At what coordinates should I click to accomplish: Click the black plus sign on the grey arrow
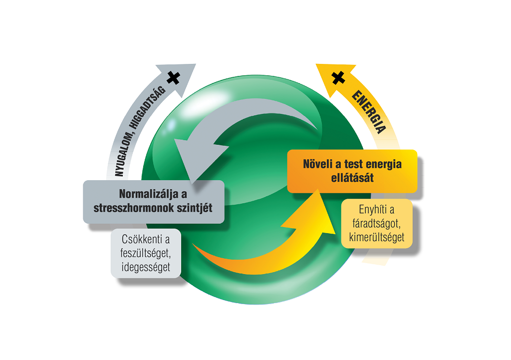(x=173, y=77)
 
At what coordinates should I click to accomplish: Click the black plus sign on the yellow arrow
(x=338, y=77)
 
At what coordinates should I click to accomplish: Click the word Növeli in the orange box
(x=317, y=164)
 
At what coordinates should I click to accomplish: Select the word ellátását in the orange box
(x=352, y=178)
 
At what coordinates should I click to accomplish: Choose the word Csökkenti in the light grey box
(x=145, y=240)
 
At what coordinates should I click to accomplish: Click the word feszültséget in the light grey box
(x=145, y=253)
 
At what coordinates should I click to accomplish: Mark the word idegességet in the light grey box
(x=145, y=267)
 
